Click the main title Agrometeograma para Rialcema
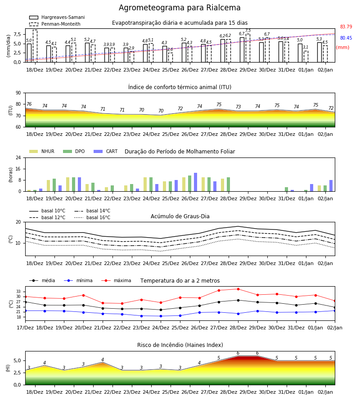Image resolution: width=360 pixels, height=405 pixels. [180, 8]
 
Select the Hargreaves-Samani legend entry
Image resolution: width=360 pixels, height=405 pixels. [57, 17]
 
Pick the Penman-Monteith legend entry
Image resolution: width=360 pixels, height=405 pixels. [55, 24]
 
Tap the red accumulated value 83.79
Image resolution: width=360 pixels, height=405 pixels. [346, 27]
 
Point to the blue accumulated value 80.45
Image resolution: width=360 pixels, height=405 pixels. [346, 38]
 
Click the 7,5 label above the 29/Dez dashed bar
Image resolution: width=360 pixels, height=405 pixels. [248, 31]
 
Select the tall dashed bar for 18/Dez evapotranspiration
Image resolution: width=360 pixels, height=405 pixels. [35, 46]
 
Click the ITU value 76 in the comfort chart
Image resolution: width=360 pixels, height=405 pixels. [29, 104]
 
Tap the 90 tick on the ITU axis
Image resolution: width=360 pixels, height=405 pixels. [18, 93]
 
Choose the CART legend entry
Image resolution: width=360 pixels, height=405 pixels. [106, 151]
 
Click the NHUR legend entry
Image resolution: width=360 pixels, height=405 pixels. [42, 151]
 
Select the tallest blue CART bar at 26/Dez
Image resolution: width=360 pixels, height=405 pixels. [195, 182]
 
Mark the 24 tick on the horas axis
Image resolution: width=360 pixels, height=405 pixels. [18, 157]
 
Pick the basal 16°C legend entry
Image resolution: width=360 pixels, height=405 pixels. [92, 217]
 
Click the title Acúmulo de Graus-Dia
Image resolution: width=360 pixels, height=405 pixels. [180, 216]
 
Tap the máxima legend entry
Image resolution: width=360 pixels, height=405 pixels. [116, 280]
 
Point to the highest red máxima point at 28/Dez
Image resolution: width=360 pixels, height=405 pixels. [238, 289]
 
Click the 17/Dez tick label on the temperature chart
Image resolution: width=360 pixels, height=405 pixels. [25, 328]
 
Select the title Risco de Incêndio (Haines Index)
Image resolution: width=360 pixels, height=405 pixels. [180, 345]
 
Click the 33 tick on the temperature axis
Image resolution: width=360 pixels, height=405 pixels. [18, 292]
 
